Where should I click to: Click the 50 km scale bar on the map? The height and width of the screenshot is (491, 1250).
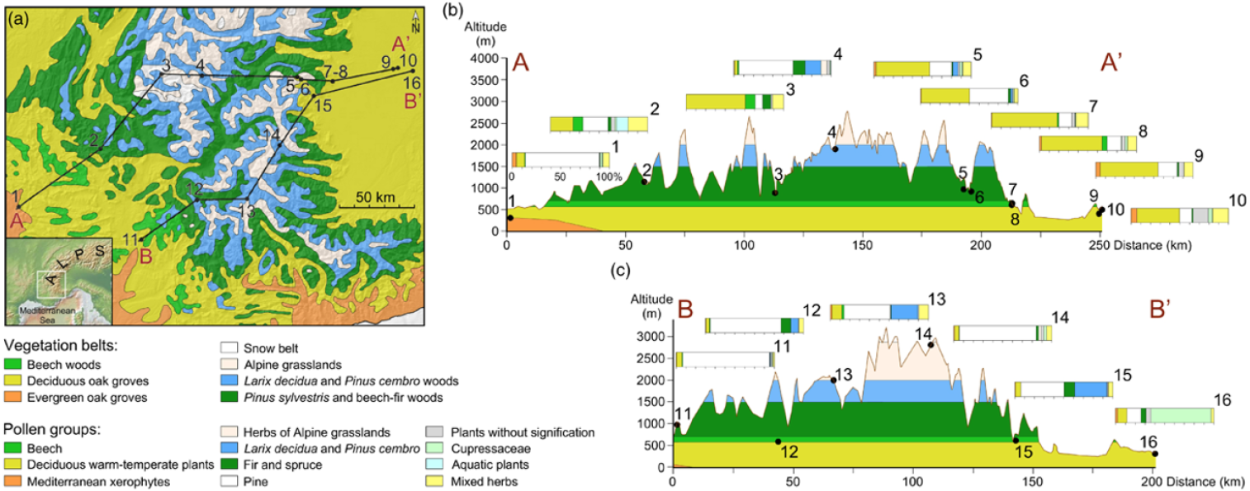[x=377, y=207]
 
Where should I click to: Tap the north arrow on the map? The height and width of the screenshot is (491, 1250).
[x=415, y=21]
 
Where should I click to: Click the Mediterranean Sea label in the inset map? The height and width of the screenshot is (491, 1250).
[x=47, y=315]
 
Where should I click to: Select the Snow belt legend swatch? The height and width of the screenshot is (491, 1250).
[x=230, y=348]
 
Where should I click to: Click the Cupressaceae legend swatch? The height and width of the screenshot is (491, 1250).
[x=435, y=448]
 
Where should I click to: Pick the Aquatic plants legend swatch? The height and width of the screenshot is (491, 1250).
[x=435, y=465]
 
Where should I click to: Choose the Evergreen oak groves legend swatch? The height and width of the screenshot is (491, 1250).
[x=12, y=398]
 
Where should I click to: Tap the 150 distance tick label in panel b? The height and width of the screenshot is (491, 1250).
[x=863, y=246]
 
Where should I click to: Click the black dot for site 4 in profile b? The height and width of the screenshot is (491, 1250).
[x=836, y=149]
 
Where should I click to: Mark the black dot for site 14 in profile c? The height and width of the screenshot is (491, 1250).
[x=930, y=345]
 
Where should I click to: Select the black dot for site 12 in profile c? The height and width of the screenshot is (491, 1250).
[x=779, y=442]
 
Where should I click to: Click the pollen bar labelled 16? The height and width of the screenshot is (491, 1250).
[x=1165, y=416]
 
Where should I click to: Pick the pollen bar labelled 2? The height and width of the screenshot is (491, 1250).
[x=599, y=124]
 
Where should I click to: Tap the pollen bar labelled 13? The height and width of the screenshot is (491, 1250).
[x=879, y=312]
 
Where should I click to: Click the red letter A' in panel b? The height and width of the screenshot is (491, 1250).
[x=1110, y=63]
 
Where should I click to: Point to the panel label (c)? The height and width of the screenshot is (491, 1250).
[x=620, y=271]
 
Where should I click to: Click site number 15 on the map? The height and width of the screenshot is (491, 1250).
[x=323, y=105]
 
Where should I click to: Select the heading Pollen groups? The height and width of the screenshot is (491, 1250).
[x=52, y=430]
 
